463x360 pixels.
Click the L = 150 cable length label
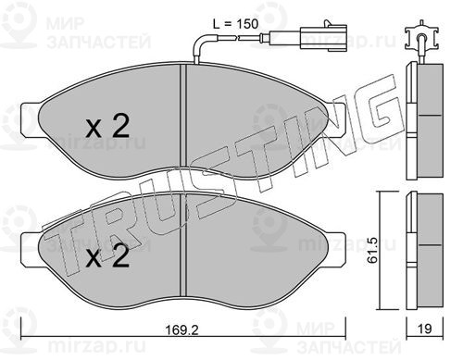tap(235, 24)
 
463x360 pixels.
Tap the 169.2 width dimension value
tap(182, 330)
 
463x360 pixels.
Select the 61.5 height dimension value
tap(372, 251)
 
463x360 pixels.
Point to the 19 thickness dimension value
tap(424, 329)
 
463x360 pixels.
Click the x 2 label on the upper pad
tap(107, 126)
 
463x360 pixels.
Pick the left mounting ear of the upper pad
tap(31, 119)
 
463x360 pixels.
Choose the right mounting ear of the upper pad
tap(335, 119)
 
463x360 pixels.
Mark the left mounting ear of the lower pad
tap(31, 249)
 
